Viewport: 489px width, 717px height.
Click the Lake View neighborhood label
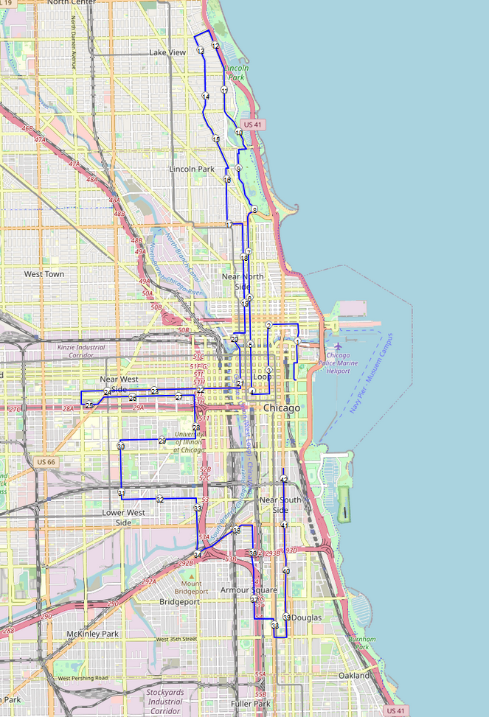click(x=167, y=53)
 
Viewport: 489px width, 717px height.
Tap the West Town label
click(x=44, y=274)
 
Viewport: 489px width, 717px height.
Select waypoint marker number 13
click(x=201, y=51)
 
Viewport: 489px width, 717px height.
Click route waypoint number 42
click(x=284, y=480)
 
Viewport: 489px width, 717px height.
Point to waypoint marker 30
click(x=120, y=447)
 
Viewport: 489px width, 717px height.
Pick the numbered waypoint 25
click(x=89, y=405)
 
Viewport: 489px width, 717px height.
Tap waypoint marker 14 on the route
click(x=205, y=97)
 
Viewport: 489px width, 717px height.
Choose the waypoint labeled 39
click(x=286, y=617)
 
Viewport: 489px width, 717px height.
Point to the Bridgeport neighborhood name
click(x=179, y=601)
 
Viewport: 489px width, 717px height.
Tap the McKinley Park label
click(x=92, y=634)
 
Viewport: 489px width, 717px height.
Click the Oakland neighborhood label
click(x=354, y=675)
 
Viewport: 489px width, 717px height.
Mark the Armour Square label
click(x=249, y=590)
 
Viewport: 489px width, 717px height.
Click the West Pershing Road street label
click(x=83, y=678)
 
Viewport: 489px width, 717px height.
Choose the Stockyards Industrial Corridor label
click(x=164, y=702)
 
